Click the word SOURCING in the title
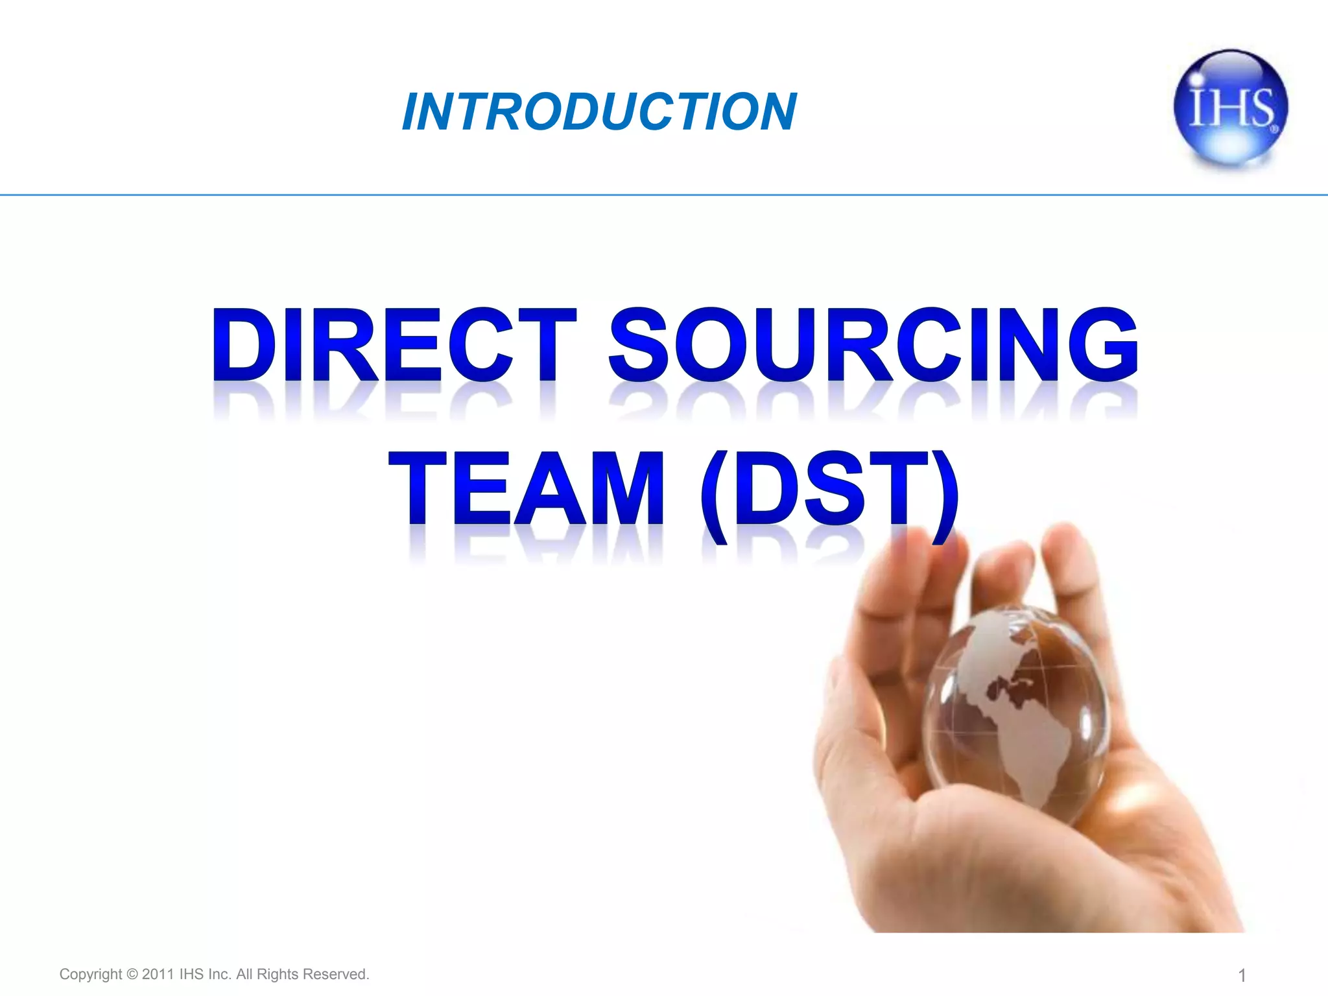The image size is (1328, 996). pos(873,345)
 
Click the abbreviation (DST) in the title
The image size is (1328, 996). pos(829,493)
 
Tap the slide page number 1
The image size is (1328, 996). pos(1242,975)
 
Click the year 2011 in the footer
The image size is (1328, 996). pos(158,974)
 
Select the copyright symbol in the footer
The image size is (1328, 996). pos(132,974)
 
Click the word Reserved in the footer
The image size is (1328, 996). pos(335,974)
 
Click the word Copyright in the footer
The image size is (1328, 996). pos(90,974)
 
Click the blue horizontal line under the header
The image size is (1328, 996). pos(664,195)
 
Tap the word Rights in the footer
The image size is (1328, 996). pos(278,974)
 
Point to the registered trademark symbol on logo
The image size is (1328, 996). pos(1275,129)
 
